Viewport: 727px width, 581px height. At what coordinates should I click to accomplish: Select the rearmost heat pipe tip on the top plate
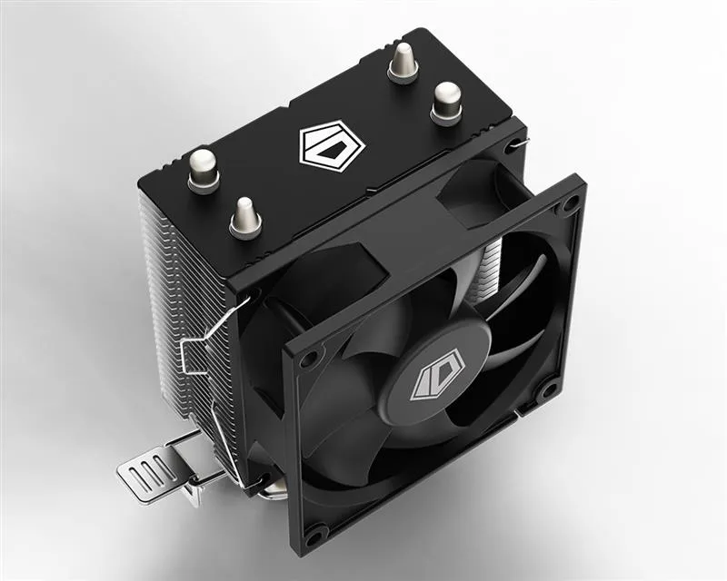tap(403, 63)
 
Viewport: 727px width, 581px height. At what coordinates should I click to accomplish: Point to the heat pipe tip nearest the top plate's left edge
tap(204, 169)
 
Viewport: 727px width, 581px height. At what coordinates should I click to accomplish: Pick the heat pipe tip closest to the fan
tap(245, 217)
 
